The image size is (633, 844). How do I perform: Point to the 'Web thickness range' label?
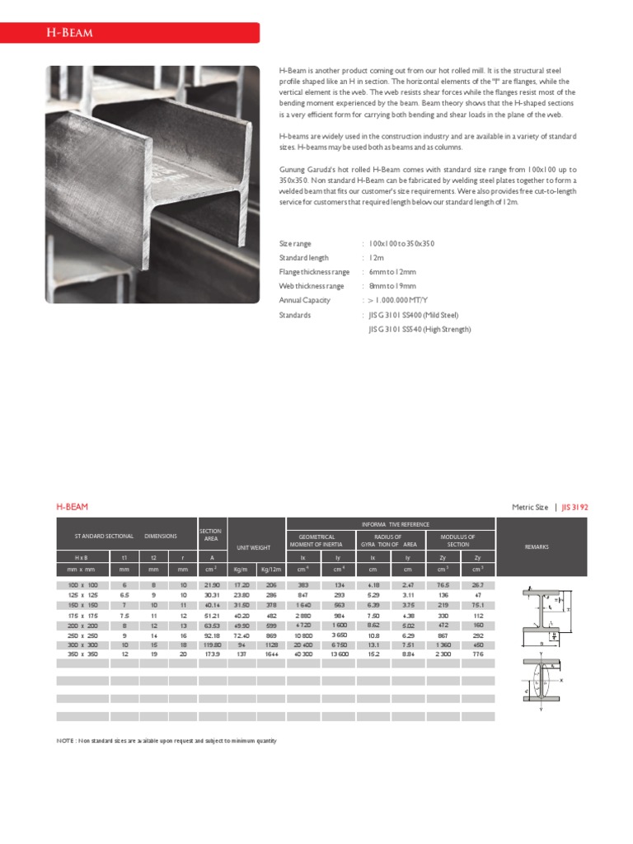point(312,286)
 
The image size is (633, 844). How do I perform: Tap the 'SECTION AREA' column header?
point(211,535)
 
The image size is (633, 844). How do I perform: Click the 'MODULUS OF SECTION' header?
point(458,540)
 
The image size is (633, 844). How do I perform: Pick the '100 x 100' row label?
point(82,584)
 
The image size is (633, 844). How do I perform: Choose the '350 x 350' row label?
point(82,654)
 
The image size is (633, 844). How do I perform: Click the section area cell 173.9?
point(211,654)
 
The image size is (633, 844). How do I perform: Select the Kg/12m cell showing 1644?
point(270,654)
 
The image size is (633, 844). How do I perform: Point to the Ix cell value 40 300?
point(302,654)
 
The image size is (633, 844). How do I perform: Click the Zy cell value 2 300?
point(443,654)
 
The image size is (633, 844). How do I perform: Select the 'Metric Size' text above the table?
point(530,507)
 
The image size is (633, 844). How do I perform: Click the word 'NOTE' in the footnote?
point(64,741)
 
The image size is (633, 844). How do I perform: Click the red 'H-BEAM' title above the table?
point(72,507)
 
